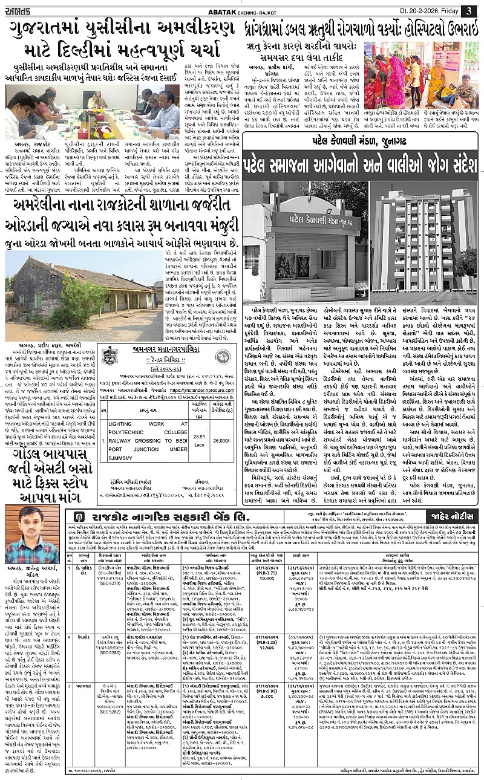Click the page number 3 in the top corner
click(x=469, y=11)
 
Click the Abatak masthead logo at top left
click(x=24, y=10)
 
